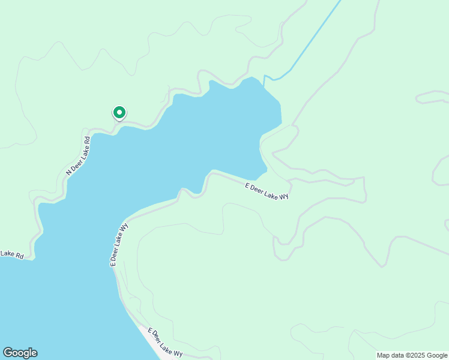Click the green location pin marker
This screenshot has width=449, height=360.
coord(119,113)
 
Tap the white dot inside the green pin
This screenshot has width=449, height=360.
coord(119,112)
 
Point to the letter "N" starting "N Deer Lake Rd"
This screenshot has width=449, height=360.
coord(68,173)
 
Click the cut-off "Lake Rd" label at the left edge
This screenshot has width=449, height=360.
coord(11,254)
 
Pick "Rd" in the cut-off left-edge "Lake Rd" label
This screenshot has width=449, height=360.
coord(19,256)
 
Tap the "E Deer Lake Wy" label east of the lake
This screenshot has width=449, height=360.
coord(267,191)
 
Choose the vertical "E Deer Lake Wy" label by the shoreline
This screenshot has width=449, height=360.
coord(119,245)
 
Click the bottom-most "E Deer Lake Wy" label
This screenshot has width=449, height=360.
coord(164,343)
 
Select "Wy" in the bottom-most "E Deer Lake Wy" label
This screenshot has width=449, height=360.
coord(178,354)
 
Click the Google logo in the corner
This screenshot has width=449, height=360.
coord(20,353)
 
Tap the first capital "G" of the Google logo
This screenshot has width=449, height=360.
coord(7,353)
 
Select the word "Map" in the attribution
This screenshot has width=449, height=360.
coord(384,355)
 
